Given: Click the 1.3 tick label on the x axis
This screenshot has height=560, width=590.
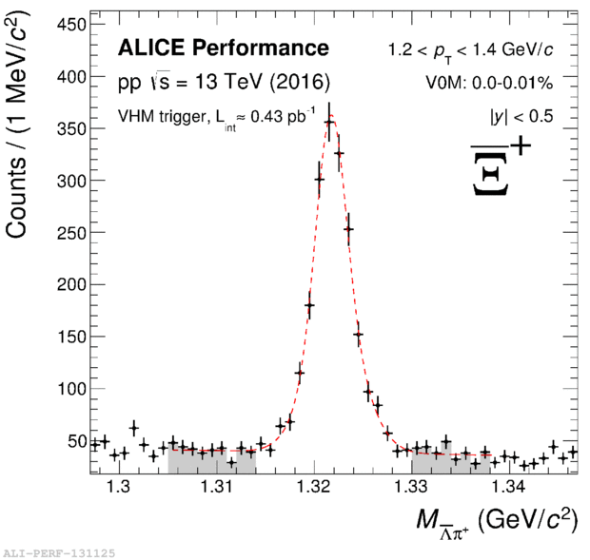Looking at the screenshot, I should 119,488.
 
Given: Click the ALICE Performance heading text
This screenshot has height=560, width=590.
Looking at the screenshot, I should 223,48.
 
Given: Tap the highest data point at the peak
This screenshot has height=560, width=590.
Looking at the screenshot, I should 329,122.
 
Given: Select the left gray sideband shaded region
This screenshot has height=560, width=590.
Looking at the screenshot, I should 211,461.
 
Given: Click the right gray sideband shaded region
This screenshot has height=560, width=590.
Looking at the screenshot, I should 450,463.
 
